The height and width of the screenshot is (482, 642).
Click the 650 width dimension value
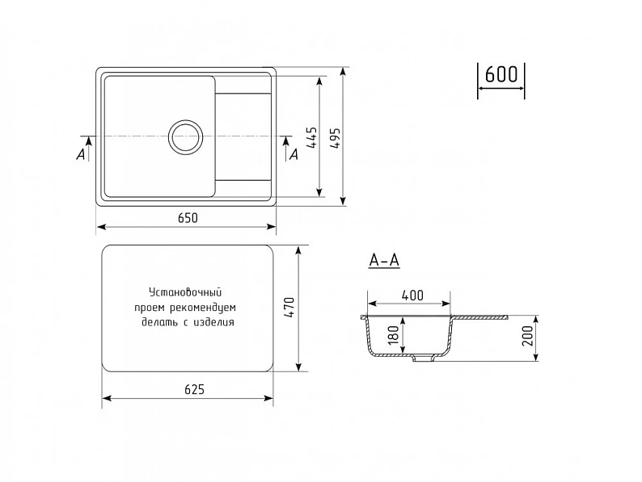click(x=188, y=218)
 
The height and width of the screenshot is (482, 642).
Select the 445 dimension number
click(x=312, y=137)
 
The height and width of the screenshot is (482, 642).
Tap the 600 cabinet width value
click(x=501, y=75)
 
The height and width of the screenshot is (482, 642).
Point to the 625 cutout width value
click(x=194, y=390)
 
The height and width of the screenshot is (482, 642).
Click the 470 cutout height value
click(x=289, y=308)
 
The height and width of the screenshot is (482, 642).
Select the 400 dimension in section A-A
click(x=412, y=295)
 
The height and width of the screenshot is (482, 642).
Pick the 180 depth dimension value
click(x=393, y=335)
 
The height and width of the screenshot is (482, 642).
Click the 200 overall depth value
click(x=528, y=336)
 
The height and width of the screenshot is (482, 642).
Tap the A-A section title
click(x=384, y=260)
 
